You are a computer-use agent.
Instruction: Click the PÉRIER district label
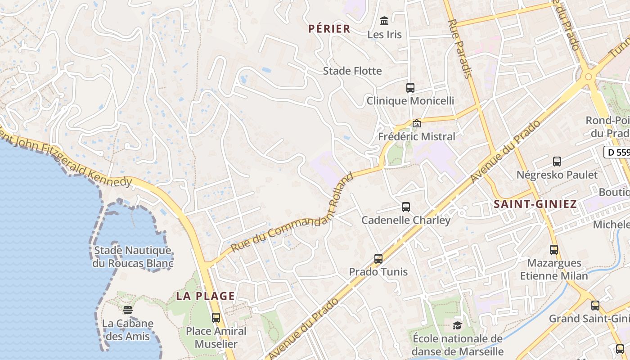[x=329, y=29]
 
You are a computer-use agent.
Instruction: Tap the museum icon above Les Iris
[x=384, y=21]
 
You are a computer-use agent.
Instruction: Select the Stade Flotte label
[x=352, y=71]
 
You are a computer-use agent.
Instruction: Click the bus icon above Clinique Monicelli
[x=410, y=87]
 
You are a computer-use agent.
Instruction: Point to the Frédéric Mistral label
[x=417, y=136]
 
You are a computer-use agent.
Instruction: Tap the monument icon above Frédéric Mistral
[x=417, y=123]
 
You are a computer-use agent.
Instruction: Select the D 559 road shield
[x=617, y=152]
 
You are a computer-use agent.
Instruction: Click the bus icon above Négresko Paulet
[x=557, y=161]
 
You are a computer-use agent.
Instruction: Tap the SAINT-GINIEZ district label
[x=535, y=204]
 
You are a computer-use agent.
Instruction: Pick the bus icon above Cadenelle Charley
[x=406, y=207]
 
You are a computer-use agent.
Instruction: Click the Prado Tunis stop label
[x=378, y=272]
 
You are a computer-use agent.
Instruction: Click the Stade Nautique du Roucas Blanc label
[x=132, y=256]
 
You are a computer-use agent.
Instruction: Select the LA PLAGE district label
[x=205, y=296]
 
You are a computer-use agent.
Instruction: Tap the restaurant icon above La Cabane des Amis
[x=128, y=310]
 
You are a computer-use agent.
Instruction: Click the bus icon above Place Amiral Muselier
[x=216, y=317]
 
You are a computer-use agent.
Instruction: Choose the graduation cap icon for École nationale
[x=457, y=325]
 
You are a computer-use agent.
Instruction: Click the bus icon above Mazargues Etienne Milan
[x=554, y=249]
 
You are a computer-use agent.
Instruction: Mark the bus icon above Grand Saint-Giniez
[x=595, y=305]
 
